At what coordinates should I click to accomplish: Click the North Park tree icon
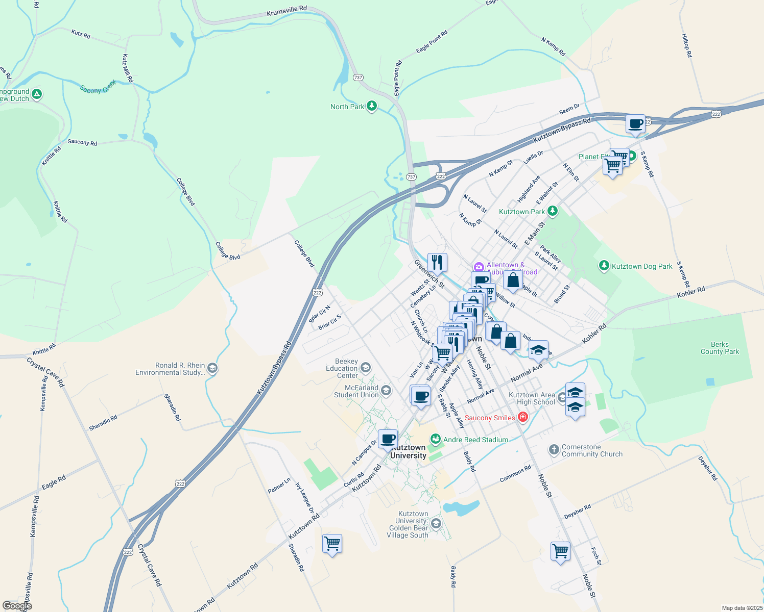(x=372, y=106)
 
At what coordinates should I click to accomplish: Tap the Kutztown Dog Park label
(x=642, y=266)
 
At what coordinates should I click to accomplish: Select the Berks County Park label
(x=720, y=348)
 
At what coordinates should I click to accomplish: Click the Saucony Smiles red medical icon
(x=522, y=417)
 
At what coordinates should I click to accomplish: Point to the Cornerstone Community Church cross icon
(x=554, y=450)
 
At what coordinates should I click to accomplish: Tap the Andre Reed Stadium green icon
(x=435, y=439)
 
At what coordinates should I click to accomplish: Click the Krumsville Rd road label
(x=286, y=11)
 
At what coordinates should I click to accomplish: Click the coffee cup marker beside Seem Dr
(x=636, y=124)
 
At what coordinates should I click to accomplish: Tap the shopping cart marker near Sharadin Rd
(x=332, y=544)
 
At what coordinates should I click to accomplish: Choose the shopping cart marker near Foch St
(x=560, y=551)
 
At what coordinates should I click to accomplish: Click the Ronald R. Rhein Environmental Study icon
(x=212, y=368)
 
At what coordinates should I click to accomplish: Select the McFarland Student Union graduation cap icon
(x=386, y=391)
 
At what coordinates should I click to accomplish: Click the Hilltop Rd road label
(x=686, y=45)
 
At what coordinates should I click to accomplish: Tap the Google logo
(x=17, y=606)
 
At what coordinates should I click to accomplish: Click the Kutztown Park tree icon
(x=552, y=211)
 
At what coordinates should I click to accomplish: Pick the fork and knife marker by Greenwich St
(x=437, y=263)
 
